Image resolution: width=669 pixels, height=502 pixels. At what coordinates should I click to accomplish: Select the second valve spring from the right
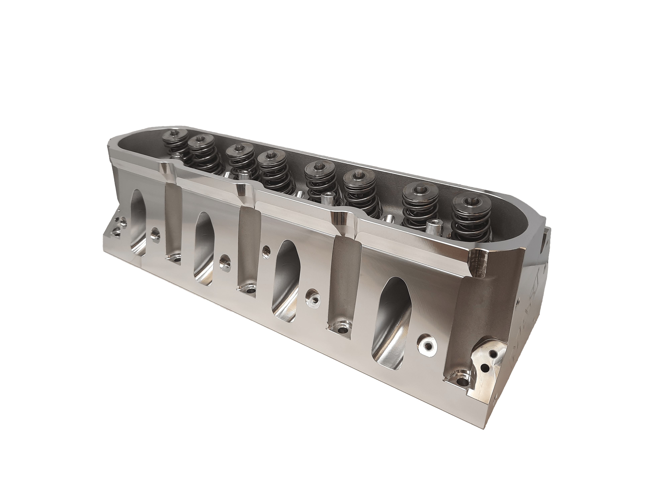tap(419, 200)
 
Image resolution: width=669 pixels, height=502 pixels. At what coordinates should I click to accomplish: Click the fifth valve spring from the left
tap(318, 182)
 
